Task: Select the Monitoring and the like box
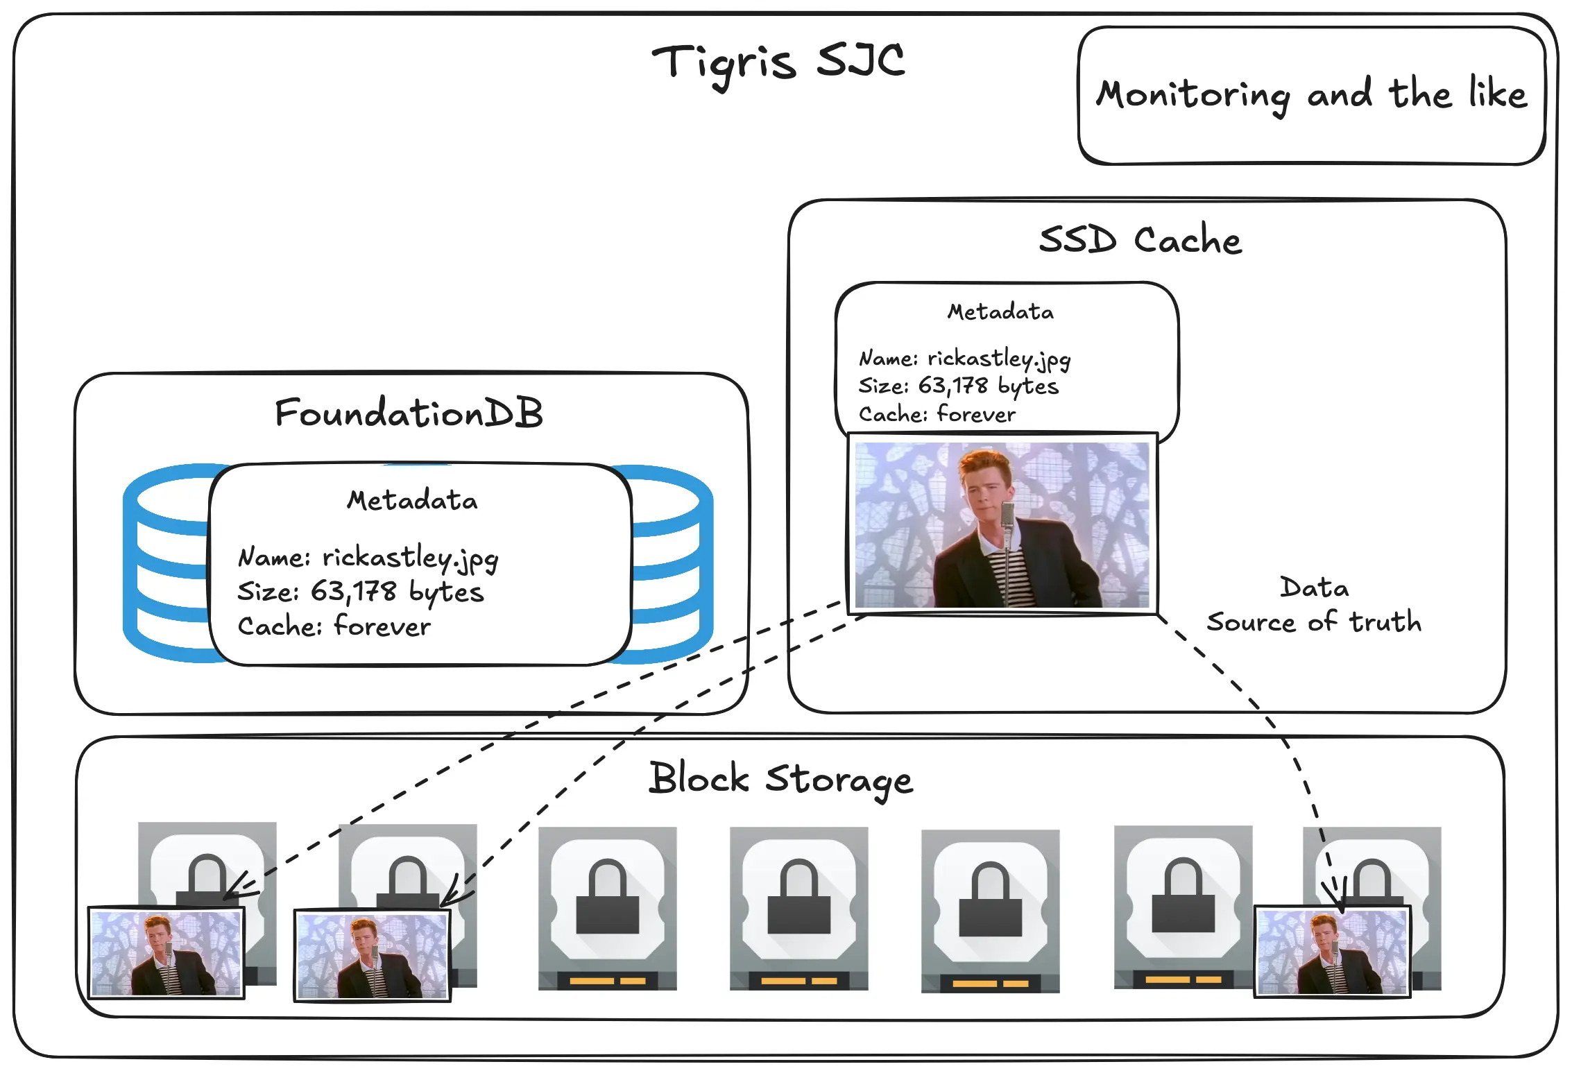coord(1311,95)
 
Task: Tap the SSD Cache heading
coord(1140,240)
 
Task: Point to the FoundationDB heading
coord(409,413)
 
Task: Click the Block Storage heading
coord(780,779)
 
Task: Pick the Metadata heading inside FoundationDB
coord(412,500)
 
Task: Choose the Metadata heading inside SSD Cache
coord(1000,312)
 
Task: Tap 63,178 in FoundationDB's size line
coord(353,592)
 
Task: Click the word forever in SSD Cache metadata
coord(976,415)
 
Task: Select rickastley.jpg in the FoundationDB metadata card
coord(410,558)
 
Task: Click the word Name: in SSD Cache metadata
coord(888,359)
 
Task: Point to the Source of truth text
coord(1314,622)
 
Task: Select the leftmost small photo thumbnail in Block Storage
coord(166,952)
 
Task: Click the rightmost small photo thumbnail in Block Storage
coord(1332,952)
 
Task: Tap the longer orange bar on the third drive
coord(592,981)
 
